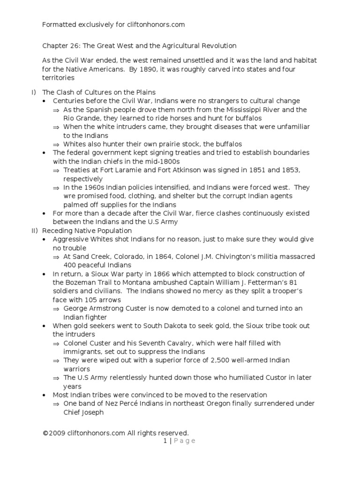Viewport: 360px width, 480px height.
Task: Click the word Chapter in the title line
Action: (x=56, y=46)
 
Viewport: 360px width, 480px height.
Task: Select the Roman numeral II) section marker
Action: (x=33, y=231)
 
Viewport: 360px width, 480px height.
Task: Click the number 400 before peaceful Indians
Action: (x=70, y=265)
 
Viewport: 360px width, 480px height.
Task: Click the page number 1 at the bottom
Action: (x=165, y=441)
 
